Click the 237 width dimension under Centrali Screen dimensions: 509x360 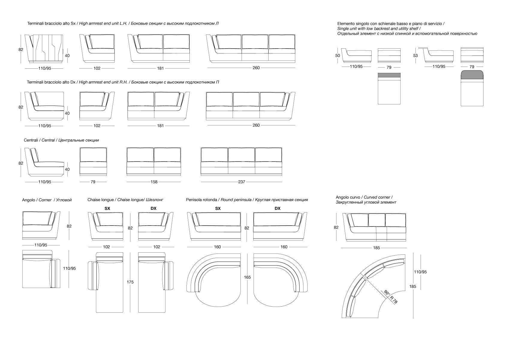[x=242, y=182]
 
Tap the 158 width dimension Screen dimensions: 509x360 [x=154, y=182]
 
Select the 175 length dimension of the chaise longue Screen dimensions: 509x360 [x=130, y=282]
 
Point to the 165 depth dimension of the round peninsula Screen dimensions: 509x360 [x=247, y=277]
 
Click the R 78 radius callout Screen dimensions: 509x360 [x=394, y=300]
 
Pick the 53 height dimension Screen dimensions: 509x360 [x=415, y=55]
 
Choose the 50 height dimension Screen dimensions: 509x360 [x=338, y=55]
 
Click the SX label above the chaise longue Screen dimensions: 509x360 [x=107, y=208]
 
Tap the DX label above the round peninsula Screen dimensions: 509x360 [x=278, y=208]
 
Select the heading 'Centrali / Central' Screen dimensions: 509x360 [x=39, y=140]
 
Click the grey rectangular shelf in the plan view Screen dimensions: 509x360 [x=389, y=75]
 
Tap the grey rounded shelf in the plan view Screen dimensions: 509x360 [x=472, y=75]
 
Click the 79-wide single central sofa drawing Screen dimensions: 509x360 [x=93, y=161]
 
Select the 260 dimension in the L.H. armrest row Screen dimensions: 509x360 [x=256, y=68]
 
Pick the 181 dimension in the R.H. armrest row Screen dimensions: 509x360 [x=160, y=126]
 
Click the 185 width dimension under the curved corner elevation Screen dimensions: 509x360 [x=376, y=248]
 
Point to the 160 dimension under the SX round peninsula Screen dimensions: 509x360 [x=217, y=247]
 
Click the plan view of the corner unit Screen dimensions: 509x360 [x=41, y=269]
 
